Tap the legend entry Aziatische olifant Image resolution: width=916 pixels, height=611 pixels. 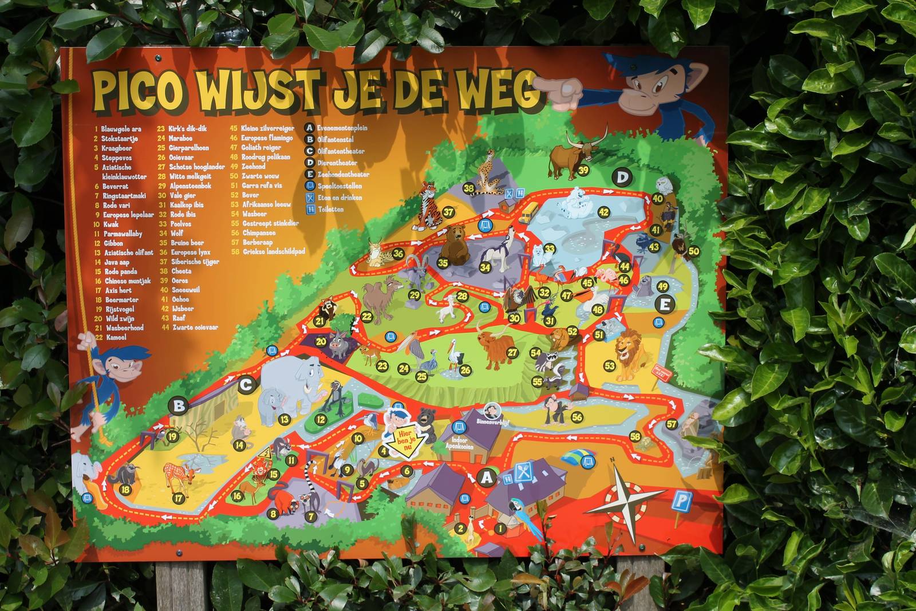click(x=129, y=253)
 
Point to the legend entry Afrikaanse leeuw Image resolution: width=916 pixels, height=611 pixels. click(x=267, y=204)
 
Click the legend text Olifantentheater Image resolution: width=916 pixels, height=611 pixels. click(x=341, y=151)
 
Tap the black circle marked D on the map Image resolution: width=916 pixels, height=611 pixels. click(x=622, y=178)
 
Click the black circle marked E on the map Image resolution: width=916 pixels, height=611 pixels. click(x=665, y=305)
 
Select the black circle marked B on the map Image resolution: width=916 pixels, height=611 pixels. click(x=179, y=407)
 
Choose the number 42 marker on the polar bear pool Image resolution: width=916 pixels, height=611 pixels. click(x=603, y=212)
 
